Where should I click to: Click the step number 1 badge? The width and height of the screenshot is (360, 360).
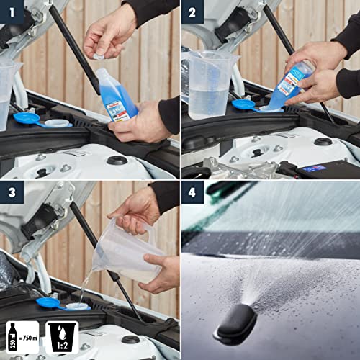12,12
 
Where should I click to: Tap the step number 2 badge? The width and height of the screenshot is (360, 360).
192,12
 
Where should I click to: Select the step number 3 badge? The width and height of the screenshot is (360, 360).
12,192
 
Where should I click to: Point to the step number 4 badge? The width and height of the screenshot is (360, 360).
192,192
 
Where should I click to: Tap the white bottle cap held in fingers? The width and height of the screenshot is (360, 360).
99,53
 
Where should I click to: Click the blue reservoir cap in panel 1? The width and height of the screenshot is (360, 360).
27,118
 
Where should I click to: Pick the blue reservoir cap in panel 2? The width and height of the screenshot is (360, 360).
243,105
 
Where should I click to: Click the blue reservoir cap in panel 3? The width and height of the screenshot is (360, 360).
49,303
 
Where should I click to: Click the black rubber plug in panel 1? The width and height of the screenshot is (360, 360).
117,160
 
